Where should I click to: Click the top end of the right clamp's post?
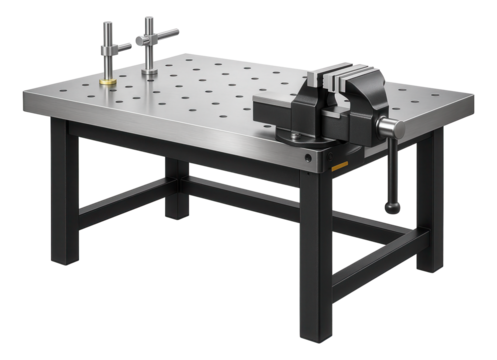point(149,19)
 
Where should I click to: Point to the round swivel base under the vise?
point(300,134)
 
